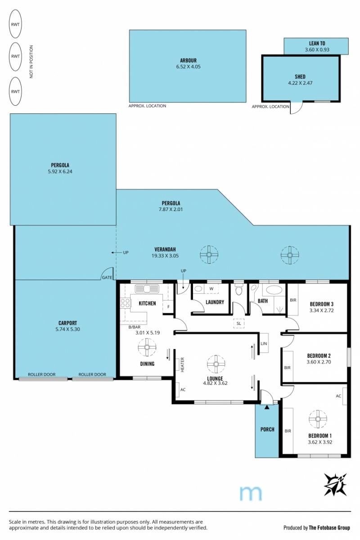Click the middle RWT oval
[x=15, y=56]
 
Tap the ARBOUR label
[x=188, y=60]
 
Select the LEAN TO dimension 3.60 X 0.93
[x=317, y=49]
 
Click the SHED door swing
[x=297, y=108]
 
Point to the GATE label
[x=107, y=278]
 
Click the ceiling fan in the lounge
[x=216, y=364]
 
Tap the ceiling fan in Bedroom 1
[x=318, y=419]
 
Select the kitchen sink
[x=147, y=288]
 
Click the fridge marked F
[x=168, y=306]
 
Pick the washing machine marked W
[x=211, y=288]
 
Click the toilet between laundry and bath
[x=238, y=290]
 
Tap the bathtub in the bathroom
[x=274, y=290]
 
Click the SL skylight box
[x=238, y=323]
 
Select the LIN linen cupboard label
[x=264, y=343]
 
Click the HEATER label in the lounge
[x=182, y=364]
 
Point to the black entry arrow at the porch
[x=267, y=407]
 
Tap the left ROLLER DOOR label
[x=42, y=374]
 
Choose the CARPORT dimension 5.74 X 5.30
[x=67, y=329]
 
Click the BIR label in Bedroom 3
[x=293, y=300]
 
